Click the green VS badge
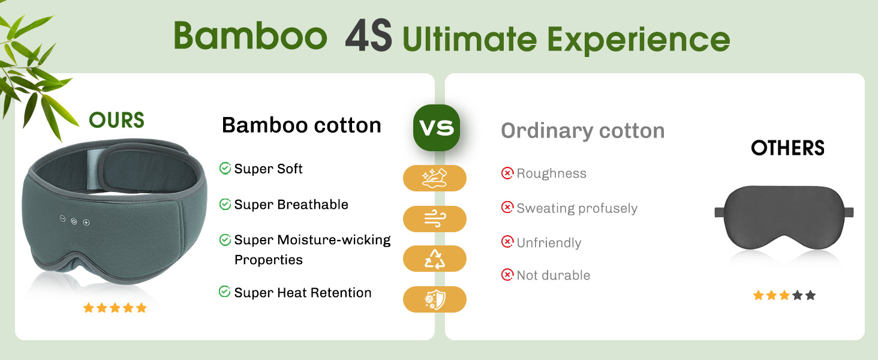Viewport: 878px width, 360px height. (x=436, y=127)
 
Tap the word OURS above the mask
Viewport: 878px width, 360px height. (x=116, y=120)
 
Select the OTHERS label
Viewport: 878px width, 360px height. (x=787, y=148)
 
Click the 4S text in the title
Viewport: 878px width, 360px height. (x=368, y=35)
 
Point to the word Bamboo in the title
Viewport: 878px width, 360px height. (x=250, y=35)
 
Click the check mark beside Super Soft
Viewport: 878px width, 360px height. (x=225, y=168)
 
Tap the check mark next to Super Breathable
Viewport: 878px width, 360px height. (x=225, y=204)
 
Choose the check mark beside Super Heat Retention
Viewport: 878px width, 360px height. (x=224, y=292)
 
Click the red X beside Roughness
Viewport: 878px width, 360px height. (x=507, y=173)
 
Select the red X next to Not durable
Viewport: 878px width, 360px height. (x=507, y=275)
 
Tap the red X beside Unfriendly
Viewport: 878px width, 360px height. (x=507, y=242)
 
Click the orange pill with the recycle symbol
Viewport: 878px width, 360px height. (x=435, y=259)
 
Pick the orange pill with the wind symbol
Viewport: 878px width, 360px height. (x=435, y=219)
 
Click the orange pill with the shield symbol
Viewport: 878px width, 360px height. (x=435, y=299)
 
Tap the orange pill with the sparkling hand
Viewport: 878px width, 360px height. (x=435, y=178)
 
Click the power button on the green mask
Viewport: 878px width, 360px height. (x=74, y=221)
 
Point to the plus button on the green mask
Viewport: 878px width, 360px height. (x=86, y=223)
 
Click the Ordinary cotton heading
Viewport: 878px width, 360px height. (x=582, y=131)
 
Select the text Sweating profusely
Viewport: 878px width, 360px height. (x=577, y=208)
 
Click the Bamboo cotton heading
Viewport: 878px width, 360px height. (x=302, y=125)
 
